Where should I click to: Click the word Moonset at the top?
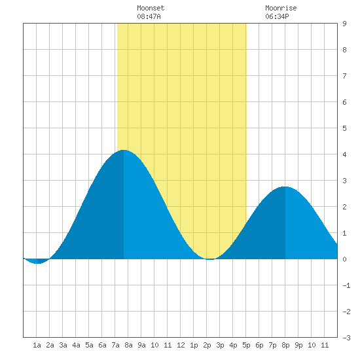click(x=151, y=8)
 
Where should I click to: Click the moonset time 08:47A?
click(x=149, y=16)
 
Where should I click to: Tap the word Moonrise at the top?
click(x=281, y=8)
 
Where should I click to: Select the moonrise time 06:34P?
click(x=277, y=16)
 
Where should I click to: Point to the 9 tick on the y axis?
click(x=344, y=24)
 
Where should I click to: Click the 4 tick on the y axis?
click(x=344, y=154)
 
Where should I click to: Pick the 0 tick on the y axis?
click(x=344, y=259)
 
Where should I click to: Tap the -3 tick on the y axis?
click(x=346, y=338)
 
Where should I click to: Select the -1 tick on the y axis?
click(x=346, y=285)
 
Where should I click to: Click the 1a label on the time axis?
click(x=37, y=345)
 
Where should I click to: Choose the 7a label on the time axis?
click(x=115, y=345)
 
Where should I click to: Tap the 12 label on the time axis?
click(x=181, y=345)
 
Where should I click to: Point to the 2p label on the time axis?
click(x=207, y=345)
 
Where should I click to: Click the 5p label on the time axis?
click(x=246, y=345)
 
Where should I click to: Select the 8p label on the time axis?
click(x=285, y=345)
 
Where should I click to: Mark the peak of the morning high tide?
click(x=124, y=150)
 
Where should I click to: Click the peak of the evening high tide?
click(x=285, y=187)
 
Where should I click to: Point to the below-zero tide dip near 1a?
click(x=37, y=263)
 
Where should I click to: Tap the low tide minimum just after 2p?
click(x=210, y=259)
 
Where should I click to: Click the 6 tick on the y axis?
click(x=344, y=102)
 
